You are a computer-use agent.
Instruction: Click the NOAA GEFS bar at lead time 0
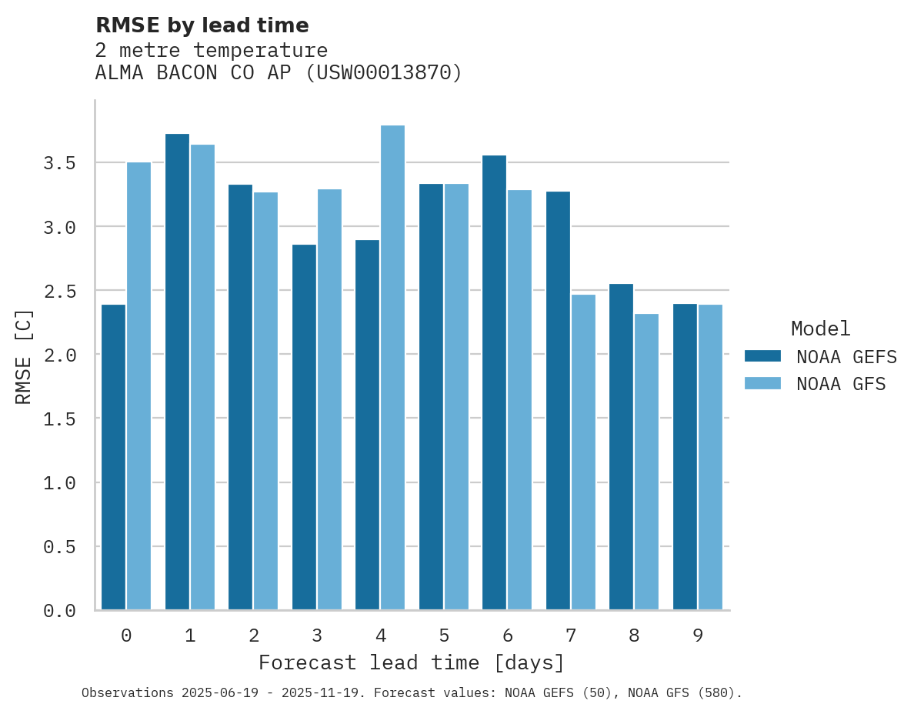click(113, 457)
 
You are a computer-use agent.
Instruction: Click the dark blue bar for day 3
click(304, 427)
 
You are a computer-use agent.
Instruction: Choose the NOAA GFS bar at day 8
click(646, 462)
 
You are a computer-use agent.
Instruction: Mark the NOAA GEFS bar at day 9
click(685, 457)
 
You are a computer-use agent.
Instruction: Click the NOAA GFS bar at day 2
click(265, 401)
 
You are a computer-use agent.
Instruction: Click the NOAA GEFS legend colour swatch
click(762, 356)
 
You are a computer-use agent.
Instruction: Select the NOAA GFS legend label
click(841, 384)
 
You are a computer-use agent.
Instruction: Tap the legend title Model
click(820, 329)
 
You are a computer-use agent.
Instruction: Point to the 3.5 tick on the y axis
click(59, 163)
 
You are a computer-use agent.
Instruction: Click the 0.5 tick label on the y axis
click(59, 547)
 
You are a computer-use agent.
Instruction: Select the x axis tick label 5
click(444, 636)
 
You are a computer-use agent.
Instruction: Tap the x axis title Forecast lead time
click(411, 662)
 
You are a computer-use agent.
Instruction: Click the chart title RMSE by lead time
click(202, 25)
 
